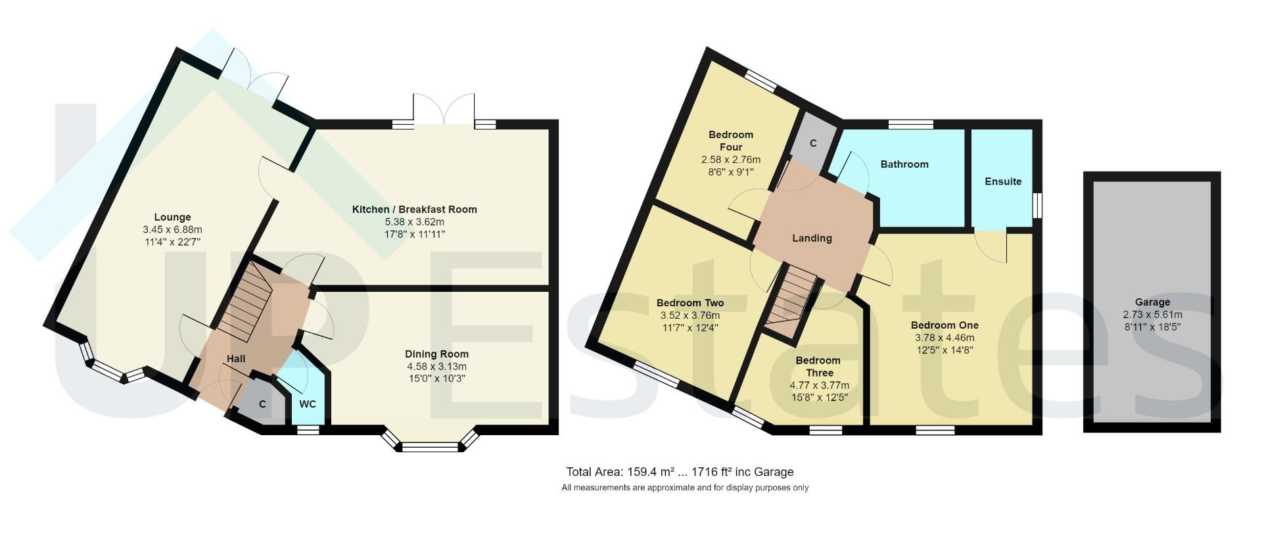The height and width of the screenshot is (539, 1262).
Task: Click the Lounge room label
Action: coord(172,217)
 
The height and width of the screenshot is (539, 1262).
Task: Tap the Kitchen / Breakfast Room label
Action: coord(414,209)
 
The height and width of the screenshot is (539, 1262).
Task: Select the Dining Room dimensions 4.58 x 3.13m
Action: coord(436,366)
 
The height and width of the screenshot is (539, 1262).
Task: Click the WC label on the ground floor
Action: coord(308,404)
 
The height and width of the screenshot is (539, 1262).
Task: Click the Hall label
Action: coord(236,358)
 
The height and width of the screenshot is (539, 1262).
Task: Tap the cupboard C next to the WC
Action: coord(262,404)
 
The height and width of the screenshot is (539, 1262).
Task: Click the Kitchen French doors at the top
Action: coord(444,110)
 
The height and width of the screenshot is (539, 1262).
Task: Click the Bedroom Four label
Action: coord(730,141)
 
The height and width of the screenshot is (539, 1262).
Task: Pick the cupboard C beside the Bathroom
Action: coord(813,143)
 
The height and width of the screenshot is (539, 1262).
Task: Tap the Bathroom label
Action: coord(904,164)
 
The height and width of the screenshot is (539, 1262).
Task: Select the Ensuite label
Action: coord(1003,181)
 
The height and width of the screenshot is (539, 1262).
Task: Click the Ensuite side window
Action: coord(1037,204)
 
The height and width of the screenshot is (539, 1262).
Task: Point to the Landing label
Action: coord(812,238)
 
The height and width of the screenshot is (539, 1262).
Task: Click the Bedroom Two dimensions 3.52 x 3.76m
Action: coord(689,315)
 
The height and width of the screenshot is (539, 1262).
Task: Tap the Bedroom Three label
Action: coord(818,366)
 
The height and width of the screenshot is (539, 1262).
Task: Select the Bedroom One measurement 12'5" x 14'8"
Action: coord(945,350)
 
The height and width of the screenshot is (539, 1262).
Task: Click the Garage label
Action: coord(1152,302)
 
